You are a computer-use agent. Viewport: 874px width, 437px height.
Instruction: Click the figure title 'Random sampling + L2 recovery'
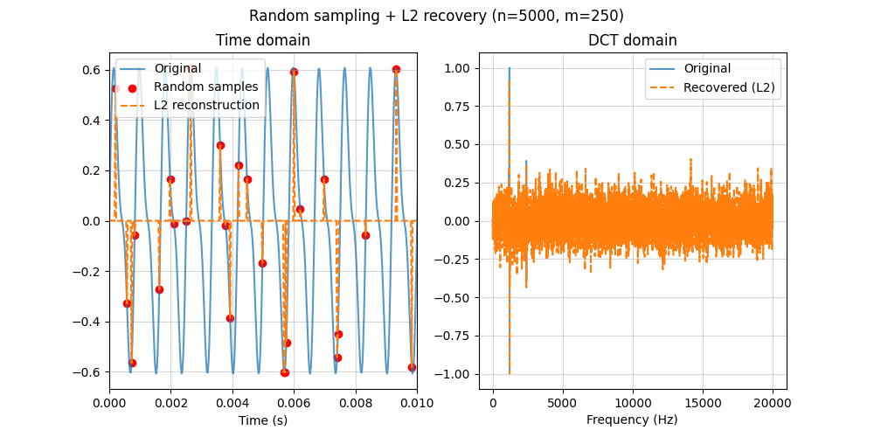436,16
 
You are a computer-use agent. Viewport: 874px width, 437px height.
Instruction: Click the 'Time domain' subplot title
263,40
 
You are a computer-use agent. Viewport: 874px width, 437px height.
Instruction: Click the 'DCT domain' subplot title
632,40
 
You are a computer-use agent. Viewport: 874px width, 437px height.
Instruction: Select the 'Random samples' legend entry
205,87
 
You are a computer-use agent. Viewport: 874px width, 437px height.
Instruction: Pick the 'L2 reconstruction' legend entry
206,105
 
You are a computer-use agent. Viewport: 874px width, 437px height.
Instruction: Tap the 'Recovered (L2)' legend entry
729,87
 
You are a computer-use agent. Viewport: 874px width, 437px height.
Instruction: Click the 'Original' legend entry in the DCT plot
707,68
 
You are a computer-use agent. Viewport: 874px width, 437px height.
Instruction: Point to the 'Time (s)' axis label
263,420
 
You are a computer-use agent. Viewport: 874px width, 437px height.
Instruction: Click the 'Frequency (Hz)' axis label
632,420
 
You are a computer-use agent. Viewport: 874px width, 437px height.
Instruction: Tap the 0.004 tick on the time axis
232,403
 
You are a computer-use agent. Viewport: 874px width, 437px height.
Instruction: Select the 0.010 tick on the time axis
417,403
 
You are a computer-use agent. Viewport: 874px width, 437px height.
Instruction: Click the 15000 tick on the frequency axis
704,403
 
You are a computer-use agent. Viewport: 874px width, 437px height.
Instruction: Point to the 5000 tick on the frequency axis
563,403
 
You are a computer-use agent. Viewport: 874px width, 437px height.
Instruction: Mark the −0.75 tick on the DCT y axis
459,336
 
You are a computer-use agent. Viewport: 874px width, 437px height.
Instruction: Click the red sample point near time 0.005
262,263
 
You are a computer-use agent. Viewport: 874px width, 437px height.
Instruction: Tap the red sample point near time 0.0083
365,235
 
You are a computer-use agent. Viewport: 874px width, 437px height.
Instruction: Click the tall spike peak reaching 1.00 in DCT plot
510,69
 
